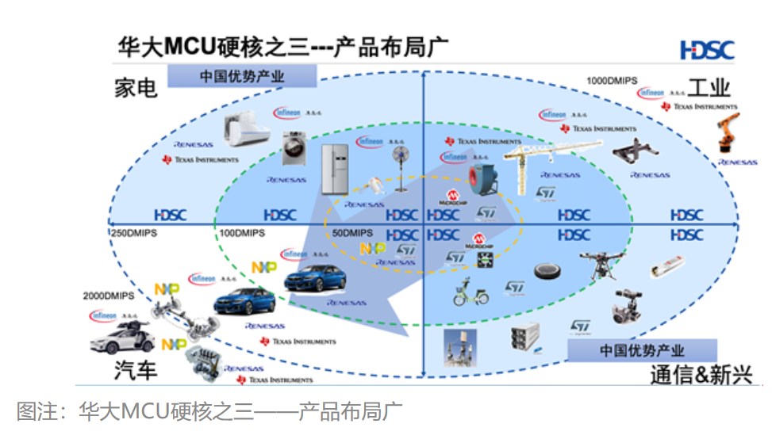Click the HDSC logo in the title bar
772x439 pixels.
pos(707,50)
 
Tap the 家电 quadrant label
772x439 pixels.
pos(136,87)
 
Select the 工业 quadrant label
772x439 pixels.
pos(709,86)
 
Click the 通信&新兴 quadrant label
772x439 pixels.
pos(701,374)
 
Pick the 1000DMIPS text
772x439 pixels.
pos(612,80)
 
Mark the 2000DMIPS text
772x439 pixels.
pos(108,296)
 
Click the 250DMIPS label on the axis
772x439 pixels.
pos(136,234)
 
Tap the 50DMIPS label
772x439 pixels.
pos(349,234)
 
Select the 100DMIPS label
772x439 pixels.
pos(242,234)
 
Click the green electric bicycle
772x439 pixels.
pos(468,292)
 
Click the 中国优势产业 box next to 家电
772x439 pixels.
pos(241,77)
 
